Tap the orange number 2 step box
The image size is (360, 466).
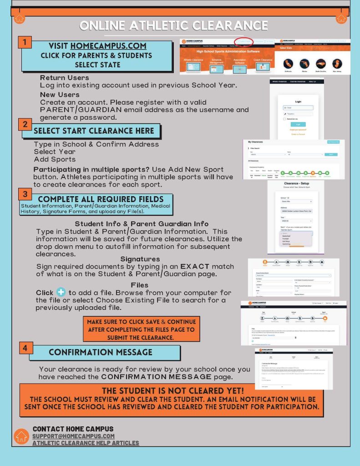pyautogui.click(x=25, y=124)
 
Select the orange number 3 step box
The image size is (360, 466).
pyautogui.click(x=25, y=194)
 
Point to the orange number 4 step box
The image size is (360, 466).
pyautogui.click(x=25, y=348)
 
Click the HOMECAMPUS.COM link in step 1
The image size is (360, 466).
pyautogui.click(x=108, y=46)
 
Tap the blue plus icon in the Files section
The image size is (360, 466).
pyautogui.click(x=61, y=292)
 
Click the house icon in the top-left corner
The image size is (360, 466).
pyautogui.click(x=19, y=19)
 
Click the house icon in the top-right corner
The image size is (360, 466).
pyautogui.click(x=341, y=19)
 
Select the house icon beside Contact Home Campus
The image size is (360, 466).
pyautogui.click(x=21, y=436)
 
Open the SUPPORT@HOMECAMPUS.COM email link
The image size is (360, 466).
pyautogui.click(x=73, y=436)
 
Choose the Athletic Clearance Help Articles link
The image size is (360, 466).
pyautogui.click(x=86, y=443)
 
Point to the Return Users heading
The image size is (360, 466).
pyautogui.click(x=64, y=78)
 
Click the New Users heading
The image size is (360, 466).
pyautogui.click(x=60, y=95)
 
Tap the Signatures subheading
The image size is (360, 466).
pyautogui.click(x=140, y=259)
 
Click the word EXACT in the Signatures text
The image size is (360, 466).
pyautogui.click(x=194, y=266)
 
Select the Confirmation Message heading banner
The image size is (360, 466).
pyautogui.click(x=101, y=352)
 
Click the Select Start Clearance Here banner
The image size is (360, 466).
pyautogui.click(x=94, y=131)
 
